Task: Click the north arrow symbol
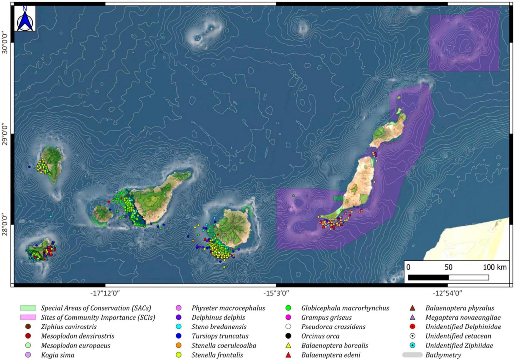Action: [x=25, y=19]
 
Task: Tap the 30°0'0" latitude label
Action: [x=5, y=42]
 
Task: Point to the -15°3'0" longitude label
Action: [x=276, y=293]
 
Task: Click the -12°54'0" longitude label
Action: [x=447, y=293]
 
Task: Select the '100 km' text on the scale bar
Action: [x=495, y=267]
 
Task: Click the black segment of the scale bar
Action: [x=428, y=277]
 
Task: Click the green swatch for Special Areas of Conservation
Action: [x=28, y=308]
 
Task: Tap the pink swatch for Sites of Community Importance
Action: [x=28, y=317]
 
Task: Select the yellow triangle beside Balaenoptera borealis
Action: [x=288, y=346]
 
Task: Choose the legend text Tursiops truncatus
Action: [x=220, y=336]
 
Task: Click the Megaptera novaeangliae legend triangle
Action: [x=412, y=317]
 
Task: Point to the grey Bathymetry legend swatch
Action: [x=412, y=355]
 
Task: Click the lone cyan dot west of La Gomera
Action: [x=51, y=217]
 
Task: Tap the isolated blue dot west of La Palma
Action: [x=29, y=167]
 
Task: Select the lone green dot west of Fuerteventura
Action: [x=294, y=196]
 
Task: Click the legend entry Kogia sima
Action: [x=57, y=355]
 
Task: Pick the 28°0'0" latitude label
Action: [x=5, y=221]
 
